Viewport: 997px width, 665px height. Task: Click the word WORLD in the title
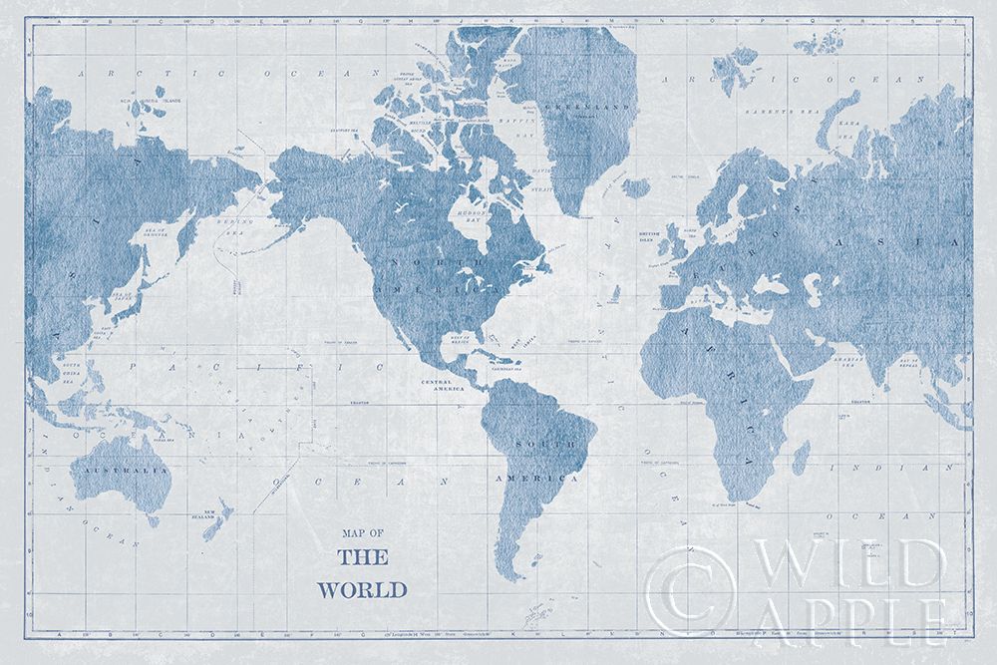point(372,588)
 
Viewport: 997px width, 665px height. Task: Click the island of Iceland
point(635,186)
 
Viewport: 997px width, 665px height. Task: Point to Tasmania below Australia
point(152,519)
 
